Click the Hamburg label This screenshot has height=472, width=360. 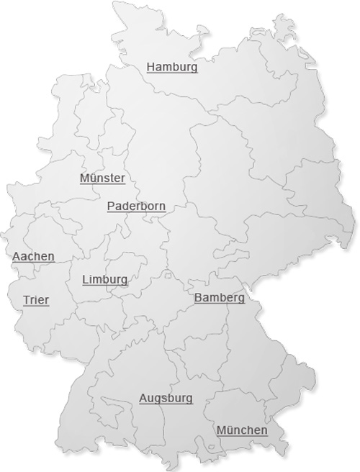pos(172,67)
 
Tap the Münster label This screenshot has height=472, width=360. pos(102,178)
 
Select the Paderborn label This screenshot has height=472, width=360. pos(136,206)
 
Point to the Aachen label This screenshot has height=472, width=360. pos(33,256)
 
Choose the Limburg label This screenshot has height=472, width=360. pos(104,279)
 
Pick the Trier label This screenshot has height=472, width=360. pos(36,300)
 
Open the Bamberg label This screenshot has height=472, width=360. pos(219,298)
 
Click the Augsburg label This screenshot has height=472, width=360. pos(166,398)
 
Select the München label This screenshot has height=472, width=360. pos(242,430)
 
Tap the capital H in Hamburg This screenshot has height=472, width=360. pos(150,67)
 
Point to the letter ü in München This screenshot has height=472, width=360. pos(229,430)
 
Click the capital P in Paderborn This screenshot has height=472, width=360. pos(111,206)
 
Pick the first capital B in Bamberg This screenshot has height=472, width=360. pos(198,298)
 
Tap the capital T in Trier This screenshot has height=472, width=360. pos(27,300)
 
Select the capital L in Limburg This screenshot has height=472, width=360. pos(85,279)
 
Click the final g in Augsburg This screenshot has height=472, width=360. pos(189,399)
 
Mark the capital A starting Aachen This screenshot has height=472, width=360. pos(16,256)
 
